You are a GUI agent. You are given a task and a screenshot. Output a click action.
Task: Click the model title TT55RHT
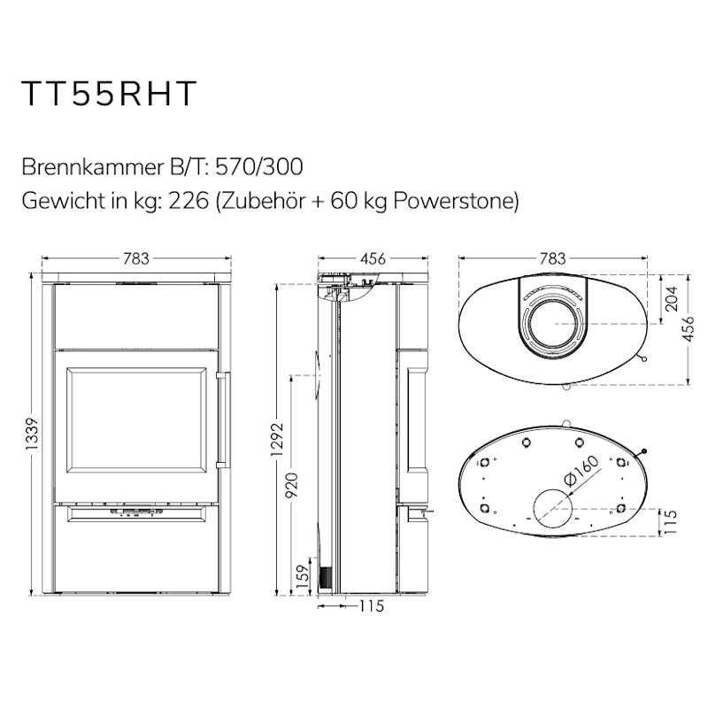109,94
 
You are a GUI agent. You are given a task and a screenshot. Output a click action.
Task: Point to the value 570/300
259,167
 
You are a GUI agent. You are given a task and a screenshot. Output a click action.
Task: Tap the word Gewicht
62,201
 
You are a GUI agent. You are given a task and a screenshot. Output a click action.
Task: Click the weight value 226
189,201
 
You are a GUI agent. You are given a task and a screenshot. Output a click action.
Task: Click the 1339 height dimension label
33,434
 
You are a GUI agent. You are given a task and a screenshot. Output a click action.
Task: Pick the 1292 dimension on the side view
277,439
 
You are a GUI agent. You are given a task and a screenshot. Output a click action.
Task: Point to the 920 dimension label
293,484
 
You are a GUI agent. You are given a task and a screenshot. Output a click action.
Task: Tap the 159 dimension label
304,574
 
